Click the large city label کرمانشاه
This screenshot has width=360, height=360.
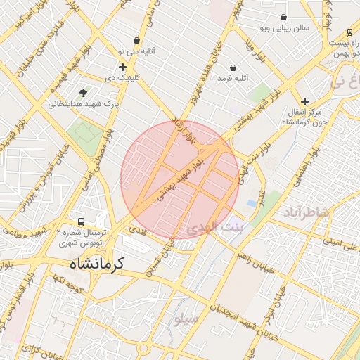coord(96,264)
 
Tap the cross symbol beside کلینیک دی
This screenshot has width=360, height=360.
coord(122,67)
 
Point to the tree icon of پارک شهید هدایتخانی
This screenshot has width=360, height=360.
coord(84,92)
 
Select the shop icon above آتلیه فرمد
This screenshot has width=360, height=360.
coord(233,68)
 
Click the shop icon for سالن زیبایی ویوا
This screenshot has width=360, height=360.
coord(283,17)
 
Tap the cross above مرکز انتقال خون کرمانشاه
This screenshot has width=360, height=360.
coord(304,101)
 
